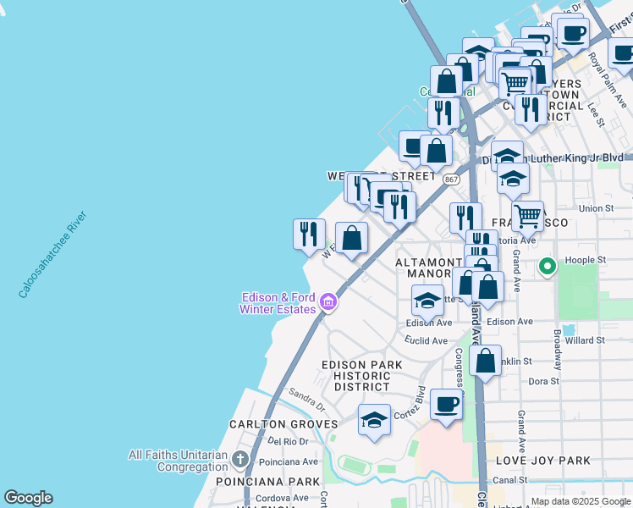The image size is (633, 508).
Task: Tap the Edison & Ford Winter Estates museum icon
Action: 329,302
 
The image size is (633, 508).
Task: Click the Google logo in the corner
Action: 28,498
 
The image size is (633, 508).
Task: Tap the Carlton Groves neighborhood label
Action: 283,424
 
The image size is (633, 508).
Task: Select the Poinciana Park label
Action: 267,481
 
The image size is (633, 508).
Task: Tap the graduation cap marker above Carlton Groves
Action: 373,420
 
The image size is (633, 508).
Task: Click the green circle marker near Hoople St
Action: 548,268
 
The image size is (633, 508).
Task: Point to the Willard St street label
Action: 585,340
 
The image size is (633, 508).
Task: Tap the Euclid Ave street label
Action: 426,341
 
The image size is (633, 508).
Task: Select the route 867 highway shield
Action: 451,180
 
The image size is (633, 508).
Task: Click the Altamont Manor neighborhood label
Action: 432,268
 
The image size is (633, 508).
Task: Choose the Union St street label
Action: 596,208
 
